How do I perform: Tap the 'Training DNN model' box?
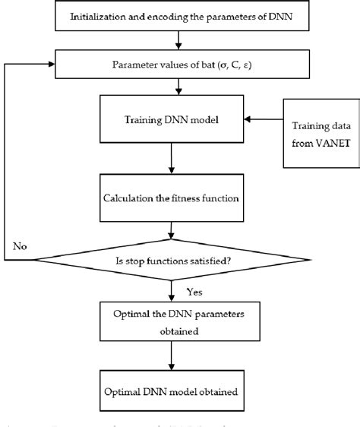pyautogui.click(x=177, y=119)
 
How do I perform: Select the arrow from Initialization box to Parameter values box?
pyautogui.click(x=177, y=39)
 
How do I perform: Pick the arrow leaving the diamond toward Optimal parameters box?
pyautogui.click(x=177, y=292)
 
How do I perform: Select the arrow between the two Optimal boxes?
pyautogui.click(x=177, y=357)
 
